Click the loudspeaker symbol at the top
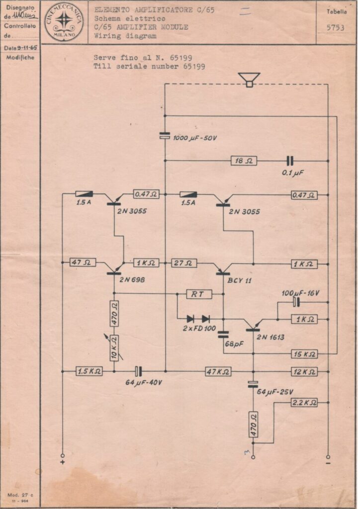click(249, 79)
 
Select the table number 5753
click(335, 28)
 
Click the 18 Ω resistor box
click(244, 161)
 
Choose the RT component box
click(199, 294)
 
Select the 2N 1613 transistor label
click(270, 337)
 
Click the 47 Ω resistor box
click(84, 262)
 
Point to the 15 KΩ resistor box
click(304, 354)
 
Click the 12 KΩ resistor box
click(304, 371)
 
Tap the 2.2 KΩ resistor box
click(304, 403)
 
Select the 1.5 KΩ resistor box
click(90, 371)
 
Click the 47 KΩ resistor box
click(218, 371)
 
